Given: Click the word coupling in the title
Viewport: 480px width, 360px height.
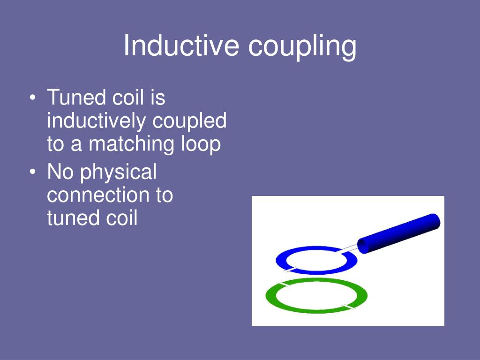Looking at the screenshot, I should click(302, 47).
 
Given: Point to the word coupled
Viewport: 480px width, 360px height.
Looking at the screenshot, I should click(190, 122).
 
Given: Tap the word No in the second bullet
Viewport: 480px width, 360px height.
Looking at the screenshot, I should click(60, 172).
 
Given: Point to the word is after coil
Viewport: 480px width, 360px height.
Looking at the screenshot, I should click(158, 98).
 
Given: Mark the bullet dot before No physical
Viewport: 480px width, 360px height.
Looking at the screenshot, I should click(32, 173).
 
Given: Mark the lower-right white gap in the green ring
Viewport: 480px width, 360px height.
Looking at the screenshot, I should click(347, 307).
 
